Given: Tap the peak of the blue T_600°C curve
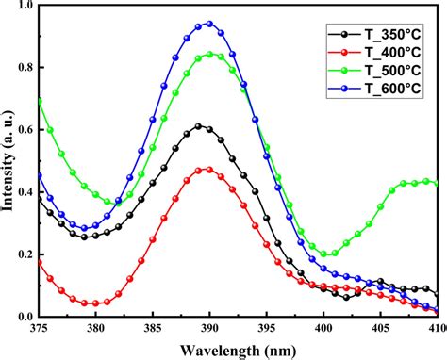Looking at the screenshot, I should point(209,24).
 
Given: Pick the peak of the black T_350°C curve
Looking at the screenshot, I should point(199,125).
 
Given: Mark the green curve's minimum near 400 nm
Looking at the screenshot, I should point(325,254).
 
